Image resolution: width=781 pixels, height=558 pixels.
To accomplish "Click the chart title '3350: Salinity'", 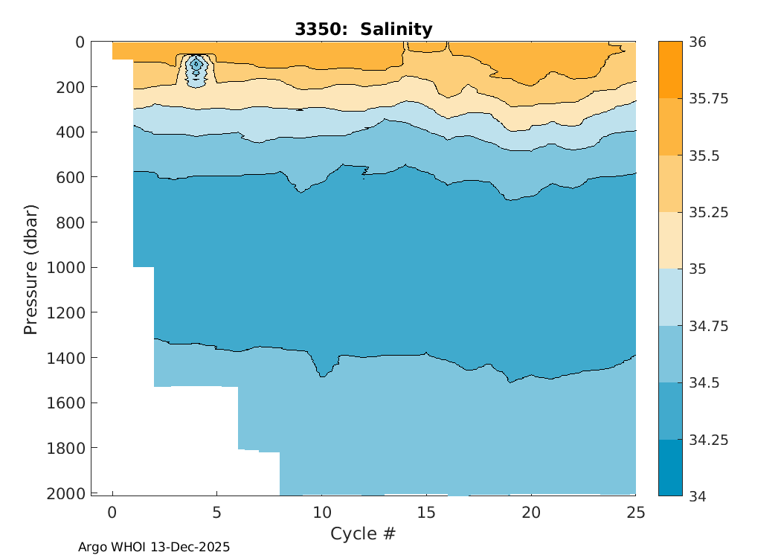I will coord(363,30).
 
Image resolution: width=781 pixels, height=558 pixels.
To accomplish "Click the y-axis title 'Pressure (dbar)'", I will coord(30,268).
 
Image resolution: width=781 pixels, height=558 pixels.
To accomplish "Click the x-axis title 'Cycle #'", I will coord(363,533).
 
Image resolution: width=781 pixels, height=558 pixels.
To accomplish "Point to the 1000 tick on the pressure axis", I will coord(68,268).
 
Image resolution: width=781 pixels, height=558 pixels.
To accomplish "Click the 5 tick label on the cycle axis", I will coord(216,513).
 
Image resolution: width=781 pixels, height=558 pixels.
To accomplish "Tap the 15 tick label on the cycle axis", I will coord(426,513).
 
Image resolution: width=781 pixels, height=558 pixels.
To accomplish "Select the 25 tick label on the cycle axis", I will coord(635,513).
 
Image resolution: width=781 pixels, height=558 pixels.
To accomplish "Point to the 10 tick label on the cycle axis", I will coord(321,513).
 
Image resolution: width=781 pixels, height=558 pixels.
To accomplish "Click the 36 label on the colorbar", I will coord(697,42).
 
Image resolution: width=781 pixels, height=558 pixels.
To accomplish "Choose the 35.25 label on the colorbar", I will coord(707,213).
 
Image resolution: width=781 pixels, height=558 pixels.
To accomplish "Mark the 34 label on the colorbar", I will coord(697,496).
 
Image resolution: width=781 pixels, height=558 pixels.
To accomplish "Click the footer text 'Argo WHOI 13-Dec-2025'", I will coord(154,547).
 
